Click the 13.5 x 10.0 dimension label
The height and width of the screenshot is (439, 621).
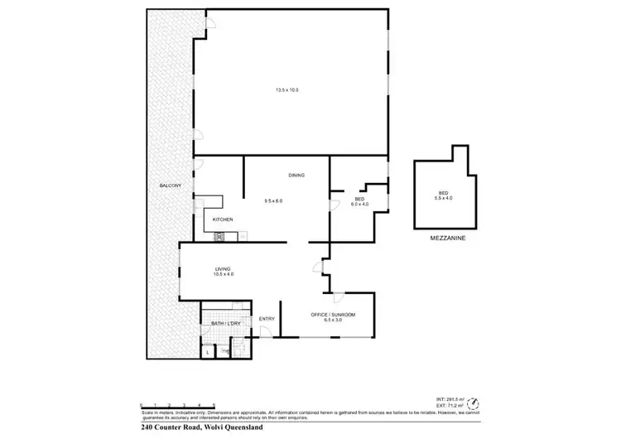[286, 89]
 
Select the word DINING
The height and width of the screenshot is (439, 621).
[296, 176]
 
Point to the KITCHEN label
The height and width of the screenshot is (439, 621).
[223, 219]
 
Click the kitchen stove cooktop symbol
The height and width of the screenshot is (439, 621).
[220, 237]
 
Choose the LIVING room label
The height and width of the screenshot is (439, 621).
[222, 268]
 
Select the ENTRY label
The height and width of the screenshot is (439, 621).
[267, 319]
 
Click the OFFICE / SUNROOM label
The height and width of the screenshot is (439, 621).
[333, 315]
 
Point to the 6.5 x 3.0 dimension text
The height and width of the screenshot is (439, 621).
[333, 321]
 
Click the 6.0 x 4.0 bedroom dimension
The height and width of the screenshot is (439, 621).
[360, 204]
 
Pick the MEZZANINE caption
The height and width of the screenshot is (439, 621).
[447, 238]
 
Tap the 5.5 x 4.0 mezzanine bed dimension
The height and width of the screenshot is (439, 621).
[444, 198]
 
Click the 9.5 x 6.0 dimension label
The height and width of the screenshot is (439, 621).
[273, 200]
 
